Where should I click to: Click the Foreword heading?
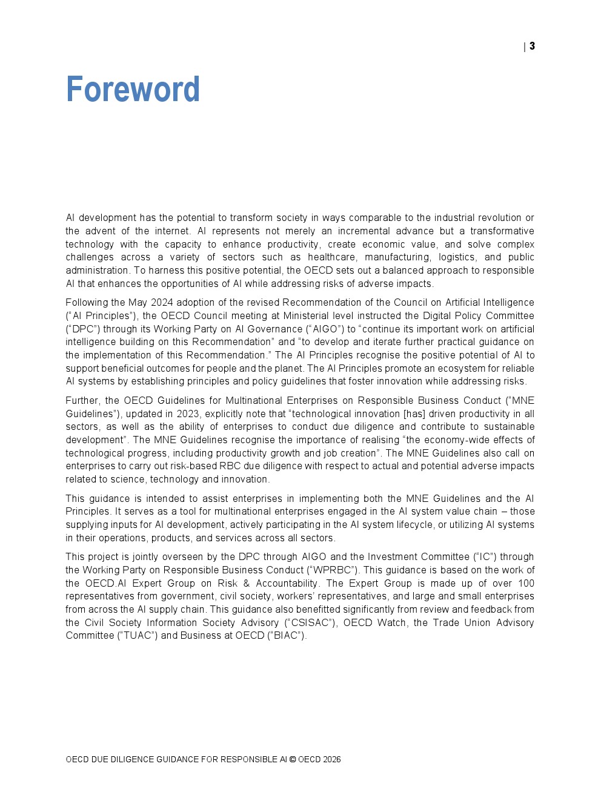[x=133, y=90]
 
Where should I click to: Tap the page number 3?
[x=532, y=46]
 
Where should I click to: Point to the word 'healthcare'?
[x=331, y=257]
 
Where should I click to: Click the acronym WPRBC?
[x=331, y=570]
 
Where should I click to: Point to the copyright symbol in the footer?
[x=293, y=760]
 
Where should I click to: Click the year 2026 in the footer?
[x=331, y=760]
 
